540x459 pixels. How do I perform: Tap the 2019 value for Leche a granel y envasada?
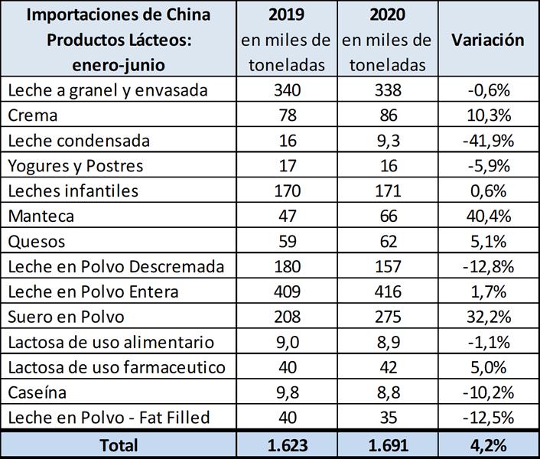pyautogui.click(x=287, y=90)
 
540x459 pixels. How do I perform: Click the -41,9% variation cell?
pyautogui.click(x=487, y=141)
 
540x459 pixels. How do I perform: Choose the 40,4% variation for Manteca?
pyautogui.click(x=487, y=216)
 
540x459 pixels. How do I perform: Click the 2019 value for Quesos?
pyautogui.click(x=287, y=241)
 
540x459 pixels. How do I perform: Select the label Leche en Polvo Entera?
pyautogui.click(x=93, y=291)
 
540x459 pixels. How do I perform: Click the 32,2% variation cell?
pyautogui.click(x=487, y=317)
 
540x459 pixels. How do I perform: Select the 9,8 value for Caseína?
pyautogui.click(x=287, y=392)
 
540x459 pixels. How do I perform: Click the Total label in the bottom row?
pyautogui.click(x=119, y=444)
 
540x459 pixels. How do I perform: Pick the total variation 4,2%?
pyautogui.click(x=487, y=444)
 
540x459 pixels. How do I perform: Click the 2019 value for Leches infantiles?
pyautogui.click(x=287, y=190)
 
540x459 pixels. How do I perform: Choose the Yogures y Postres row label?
pyautogui.click(x=75, y=166)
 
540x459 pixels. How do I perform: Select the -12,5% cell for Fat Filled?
pyautogui.click(x=487, y=417)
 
